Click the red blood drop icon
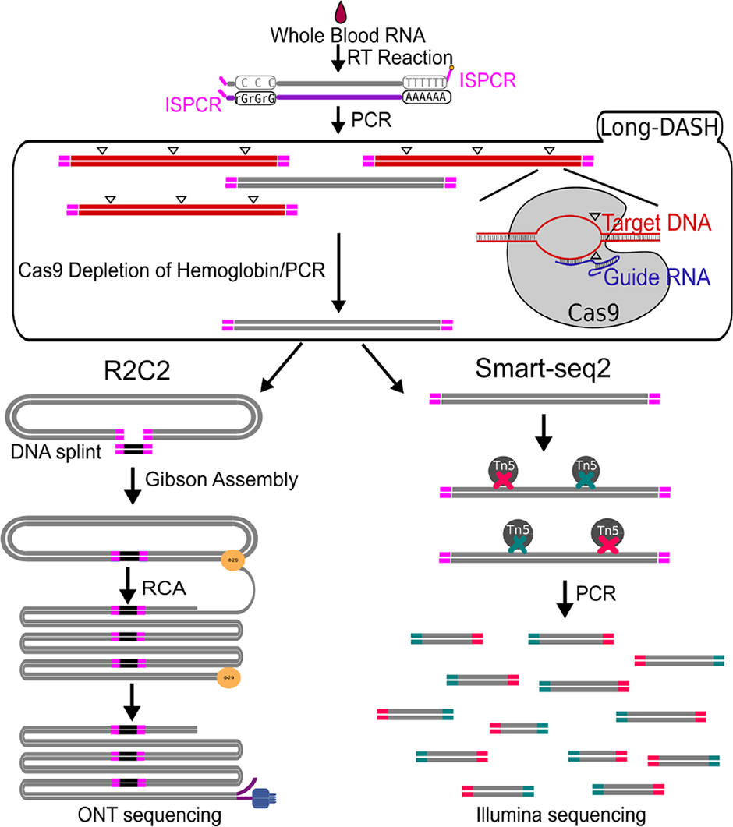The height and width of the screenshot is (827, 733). click(x=341, y=12)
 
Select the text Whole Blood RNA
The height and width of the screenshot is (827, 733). click(x=340, y=37)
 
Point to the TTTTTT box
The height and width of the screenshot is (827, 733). click(x=425, y=81)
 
